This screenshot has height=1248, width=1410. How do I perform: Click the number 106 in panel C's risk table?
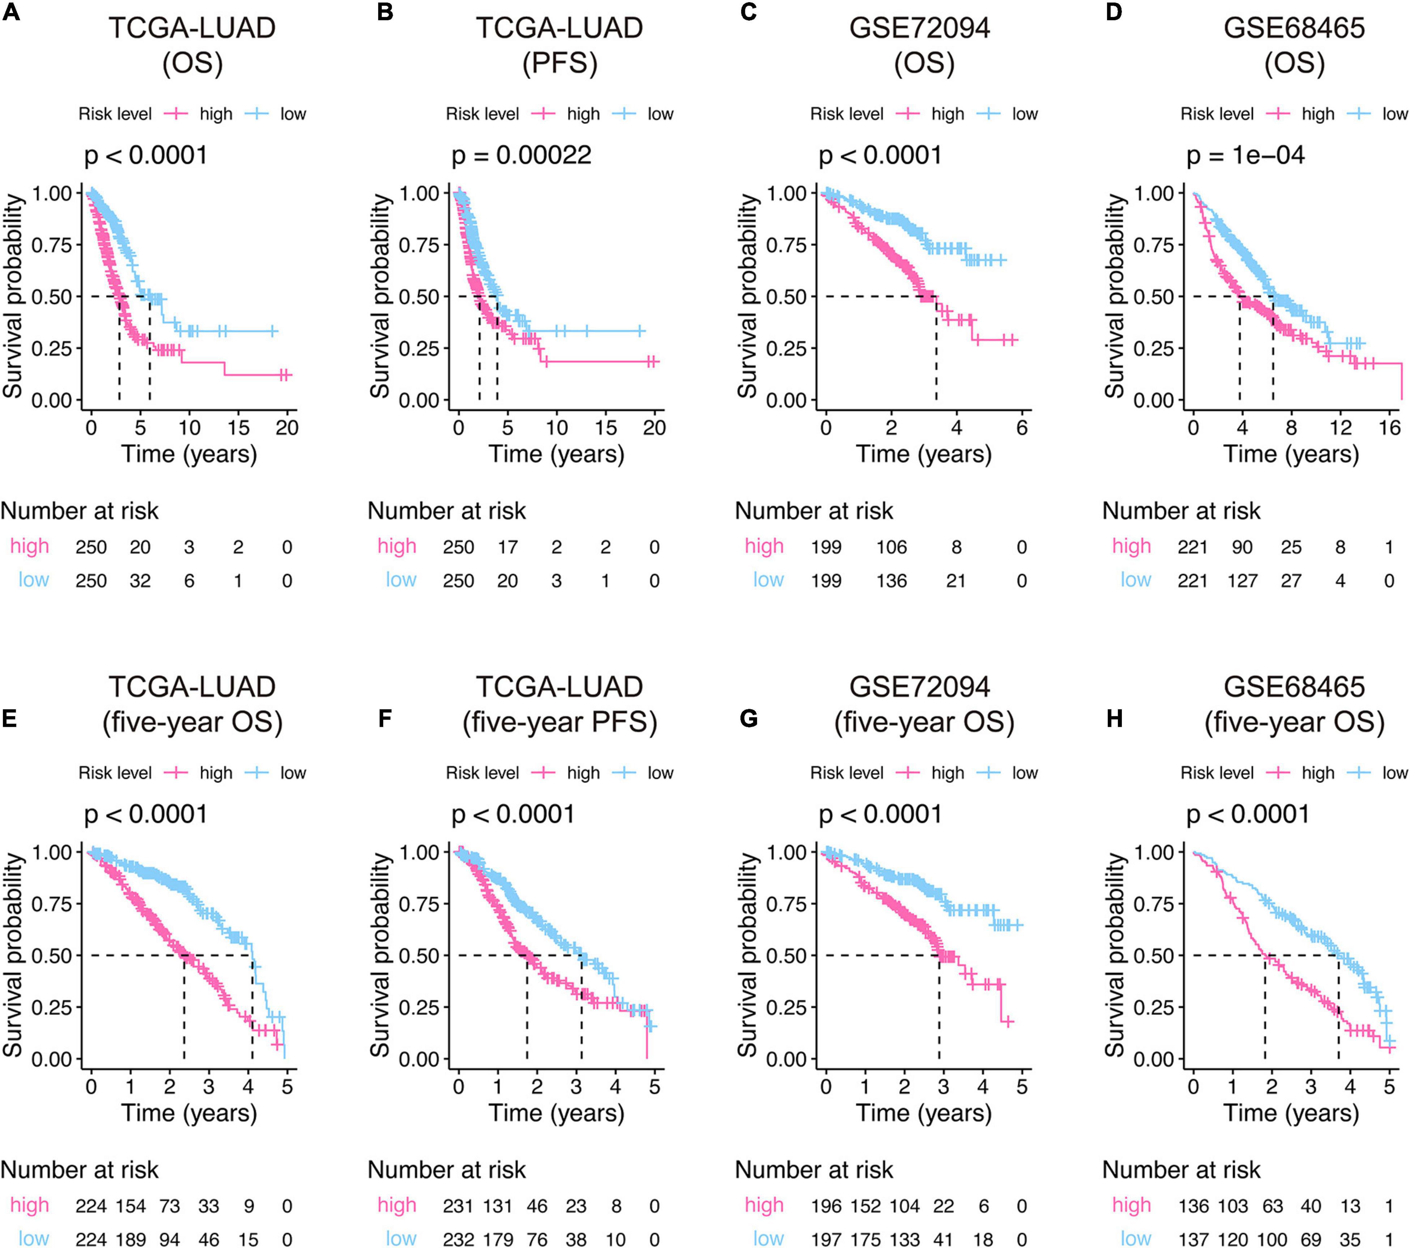(x=891, y=548)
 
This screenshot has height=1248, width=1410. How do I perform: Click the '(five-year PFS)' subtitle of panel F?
(x=559, y=722)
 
